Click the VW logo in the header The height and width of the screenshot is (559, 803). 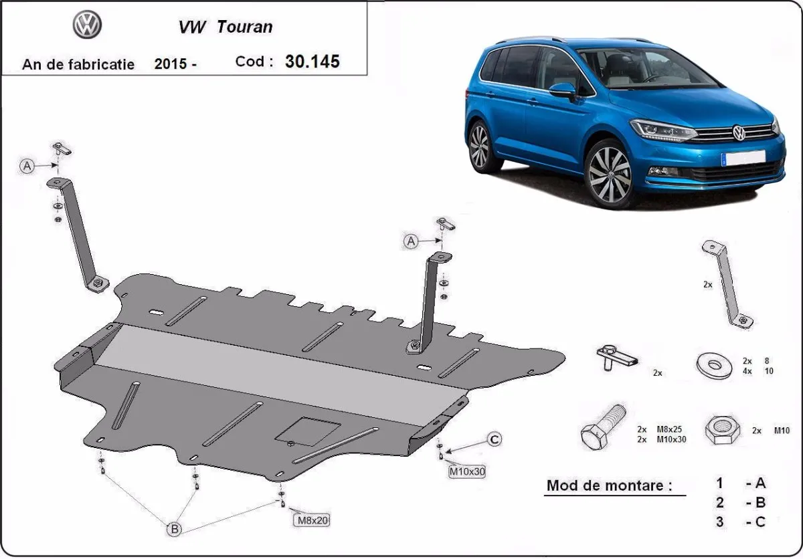[x=87, y=25]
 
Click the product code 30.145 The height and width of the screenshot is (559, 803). [x=312, y=62]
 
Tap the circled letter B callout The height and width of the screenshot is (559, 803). [x=173, y=529]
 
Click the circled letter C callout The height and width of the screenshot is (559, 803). [x=493, y=439]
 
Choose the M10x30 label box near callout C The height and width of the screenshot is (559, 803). [x=466, y=471]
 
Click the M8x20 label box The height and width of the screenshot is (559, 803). [x=311, y=520]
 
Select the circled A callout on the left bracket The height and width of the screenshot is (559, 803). [x=27, y=166]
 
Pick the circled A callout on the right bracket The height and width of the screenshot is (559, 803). [x=411, y=241]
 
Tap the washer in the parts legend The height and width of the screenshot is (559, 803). [x=714, y=365]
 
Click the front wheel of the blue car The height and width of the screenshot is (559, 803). [x=609, y=173]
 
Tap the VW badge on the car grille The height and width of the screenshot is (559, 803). [x=739, y=132]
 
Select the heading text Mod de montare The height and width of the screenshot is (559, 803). [x=609, y=485]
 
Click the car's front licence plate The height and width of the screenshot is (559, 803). [x=743, y=158]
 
